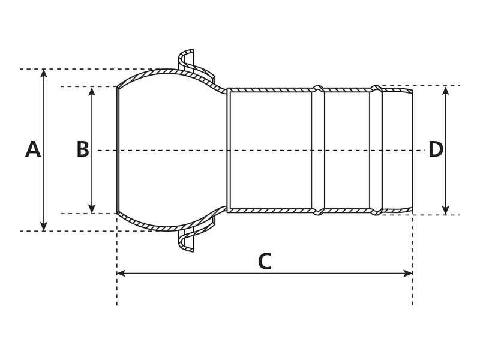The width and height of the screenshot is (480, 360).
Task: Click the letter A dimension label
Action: pyautogui.click(x=33, y=149)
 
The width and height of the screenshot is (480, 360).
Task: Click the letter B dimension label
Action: pyautogui.click(x=83, y=149)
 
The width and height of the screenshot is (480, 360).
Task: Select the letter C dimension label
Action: pyautogui.click(x=265, y=262)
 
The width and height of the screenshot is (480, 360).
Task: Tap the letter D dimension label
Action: pyautogui.click(x=436, y=149)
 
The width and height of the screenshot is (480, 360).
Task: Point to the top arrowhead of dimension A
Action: pyautogui.click(x=44, y=73)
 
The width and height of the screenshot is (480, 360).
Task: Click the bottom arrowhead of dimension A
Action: pyautogui.click(x=44, y=227)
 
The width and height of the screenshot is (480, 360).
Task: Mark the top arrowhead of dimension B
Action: pyautogui.click(x=92, y=91)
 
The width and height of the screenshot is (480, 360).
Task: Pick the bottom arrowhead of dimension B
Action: pyautogui.click(x=92, y=209)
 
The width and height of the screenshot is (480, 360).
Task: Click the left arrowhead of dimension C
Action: pyautogui.click(x=121, y=273)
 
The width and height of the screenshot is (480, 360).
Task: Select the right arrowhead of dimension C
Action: pyautogui.click(x=409, y=273)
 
